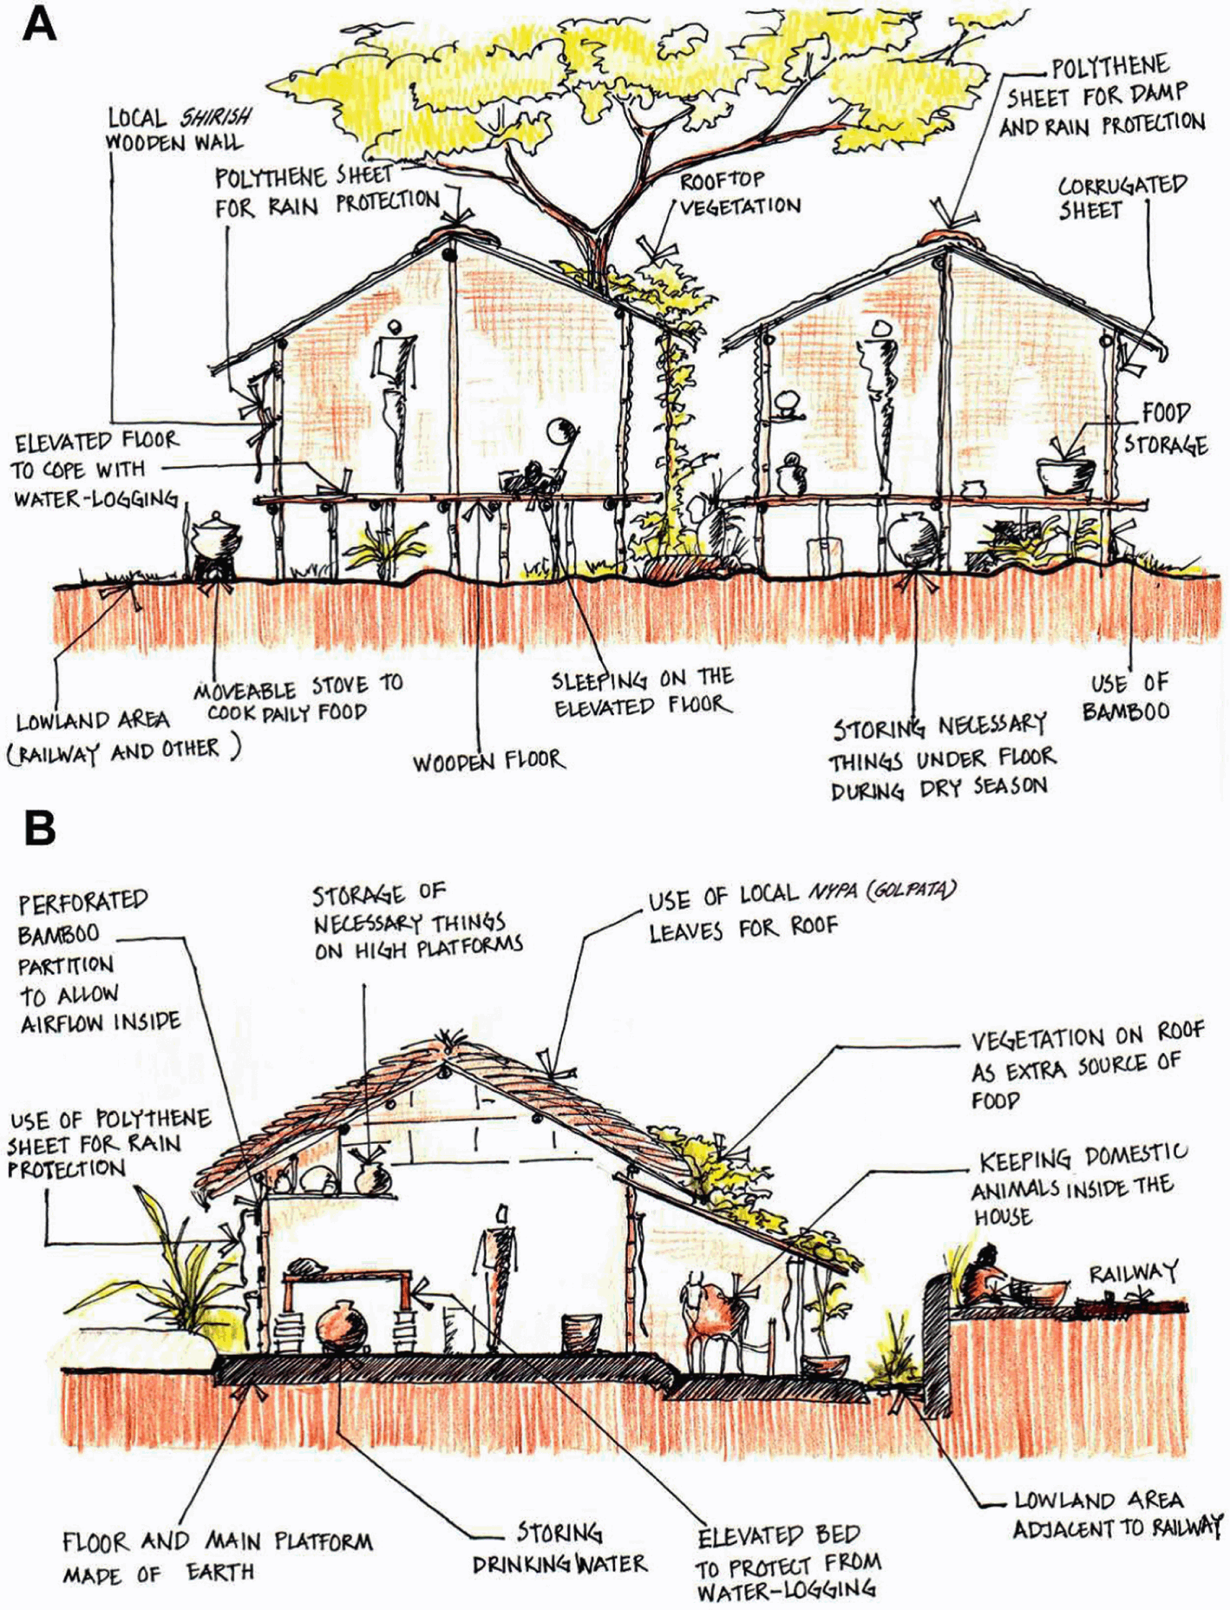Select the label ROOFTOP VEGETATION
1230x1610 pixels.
(x=738, y=194)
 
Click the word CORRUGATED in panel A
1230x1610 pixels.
(x=1122, y=186)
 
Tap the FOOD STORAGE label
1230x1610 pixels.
(x=1165, y=429)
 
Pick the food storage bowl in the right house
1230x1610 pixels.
(x=1066, y=474)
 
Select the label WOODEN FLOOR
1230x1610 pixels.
(x=488, y=762)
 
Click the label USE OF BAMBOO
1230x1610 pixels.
(x=1127, y=697)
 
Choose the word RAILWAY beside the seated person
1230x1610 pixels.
(x=1133, y=1273)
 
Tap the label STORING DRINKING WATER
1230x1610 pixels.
(x=559, y=1548)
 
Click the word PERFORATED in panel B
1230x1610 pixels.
(x=83, y=903)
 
